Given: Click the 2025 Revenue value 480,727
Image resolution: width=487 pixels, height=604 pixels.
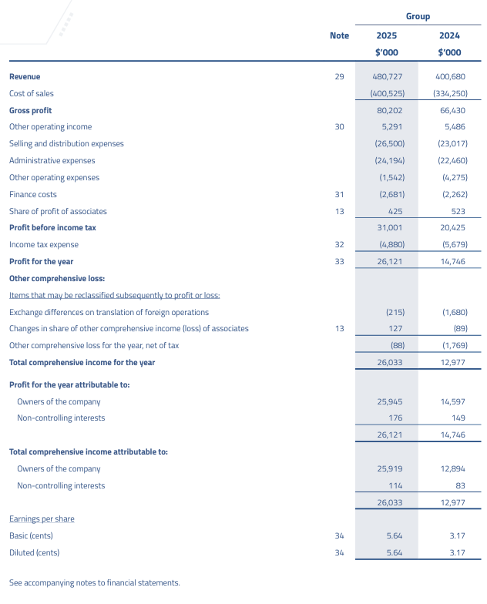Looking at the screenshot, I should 388,76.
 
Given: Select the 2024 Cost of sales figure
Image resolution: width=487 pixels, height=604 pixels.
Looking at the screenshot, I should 448,93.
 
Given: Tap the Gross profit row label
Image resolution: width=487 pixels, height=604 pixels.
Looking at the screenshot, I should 31,110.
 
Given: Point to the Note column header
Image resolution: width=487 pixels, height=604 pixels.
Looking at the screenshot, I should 339,35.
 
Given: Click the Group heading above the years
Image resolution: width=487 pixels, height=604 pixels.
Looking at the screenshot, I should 418,16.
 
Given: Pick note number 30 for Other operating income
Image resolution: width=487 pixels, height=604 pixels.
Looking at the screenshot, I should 339,127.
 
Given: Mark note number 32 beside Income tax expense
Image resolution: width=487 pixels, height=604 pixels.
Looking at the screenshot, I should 339,245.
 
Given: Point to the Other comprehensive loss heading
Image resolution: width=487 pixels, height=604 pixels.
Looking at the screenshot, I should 57,278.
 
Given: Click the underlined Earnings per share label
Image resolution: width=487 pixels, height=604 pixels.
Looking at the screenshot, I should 42,518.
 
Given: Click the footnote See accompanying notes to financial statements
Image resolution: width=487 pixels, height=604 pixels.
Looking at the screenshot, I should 94,582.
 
